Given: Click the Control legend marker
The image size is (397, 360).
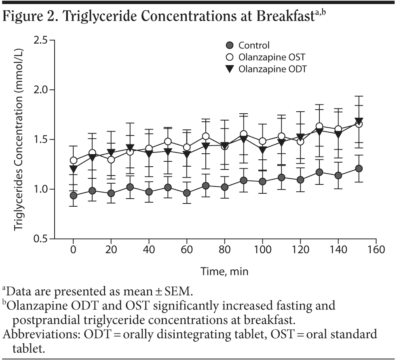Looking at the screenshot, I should (x=230, y=46).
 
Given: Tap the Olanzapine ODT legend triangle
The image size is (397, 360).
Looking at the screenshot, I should (x=230, y=69).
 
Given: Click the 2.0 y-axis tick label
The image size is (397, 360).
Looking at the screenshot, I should (x=42, y=90).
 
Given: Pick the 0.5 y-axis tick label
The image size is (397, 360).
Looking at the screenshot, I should (x=42, y=239).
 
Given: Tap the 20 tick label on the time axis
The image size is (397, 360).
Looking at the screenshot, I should (x=111, y=250).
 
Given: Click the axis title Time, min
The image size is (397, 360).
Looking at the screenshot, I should (x=225, y=271).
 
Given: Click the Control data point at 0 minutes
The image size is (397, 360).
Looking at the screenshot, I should (x=74, y=195).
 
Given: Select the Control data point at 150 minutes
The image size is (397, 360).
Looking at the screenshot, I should (x=358, y=168).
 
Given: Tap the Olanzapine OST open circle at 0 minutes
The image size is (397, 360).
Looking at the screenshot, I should (x=74, y=161).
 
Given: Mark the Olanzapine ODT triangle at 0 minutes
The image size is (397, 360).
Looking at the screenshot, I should (x=74, y=169).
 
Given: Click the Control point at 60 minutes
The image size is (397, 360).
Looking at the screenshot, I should (x=187, y=193).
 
